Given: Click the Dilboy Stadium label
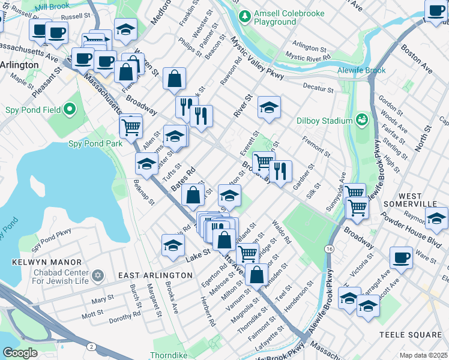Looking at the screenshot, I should point(325,120).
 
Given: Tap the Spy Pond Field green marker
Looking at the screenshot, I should point(70,110).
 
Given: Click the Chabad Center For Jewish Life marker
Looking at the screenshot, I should point(98,277).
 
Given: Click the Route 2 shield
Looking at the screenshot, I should point(90,347).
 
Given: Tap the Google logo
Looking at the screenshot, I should point(20,353).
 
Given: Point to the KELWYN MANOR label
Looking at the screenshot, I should point(46,262).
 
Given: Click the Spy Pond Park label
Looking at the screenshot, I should point(95,143).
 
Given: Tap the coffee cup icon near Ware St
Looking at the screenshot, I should point(401,257).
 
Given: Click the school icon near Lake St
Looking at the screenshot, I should point(173,245).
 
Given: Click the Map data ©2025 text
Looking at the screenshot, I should point(423,355).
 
